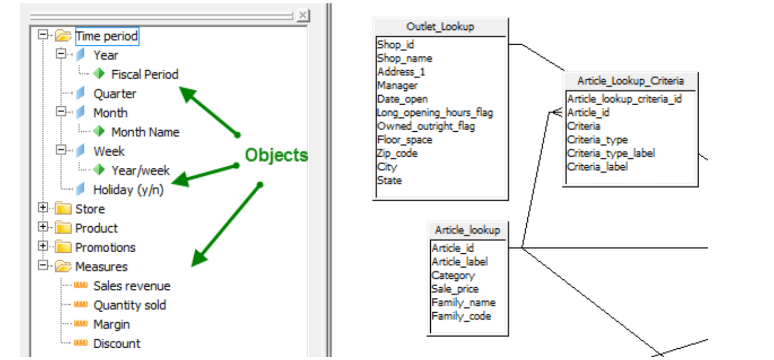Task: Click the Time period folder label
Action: pos(106,37)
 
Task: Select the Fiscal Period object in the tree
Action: pos(144,75)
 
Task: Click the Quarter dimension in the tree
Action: pos(114,94)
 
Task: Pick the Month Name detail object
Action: pos(145,132)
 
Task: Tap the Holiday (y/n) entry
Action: pos(128,190)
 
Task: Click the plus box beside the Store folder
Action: pos(43,208)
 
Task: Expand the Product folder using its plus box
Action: pos(43,227)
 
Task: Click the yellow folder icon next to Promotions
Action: pos(63,248)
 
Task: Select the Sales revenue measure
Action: pos(132,286)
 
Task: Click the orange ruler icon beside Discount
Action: pos(80,343)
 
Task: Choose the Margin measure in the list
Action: pos(111,324)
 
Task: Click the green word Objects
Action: pos(277,155)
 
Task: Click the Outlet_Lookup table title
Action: pos(440,27)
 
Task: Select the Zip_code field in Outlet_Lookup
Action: pos(397,153)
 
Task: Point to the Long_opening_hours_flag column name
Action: pos(435,112)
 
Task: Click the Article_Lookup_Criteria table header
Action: pos(630,81)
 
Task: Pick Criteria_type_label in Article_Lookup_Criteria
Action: pos(611,153)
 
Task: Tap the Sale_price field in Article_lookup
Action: pos(455,289)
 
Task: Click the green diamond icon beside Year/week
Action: pos(99,170)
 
